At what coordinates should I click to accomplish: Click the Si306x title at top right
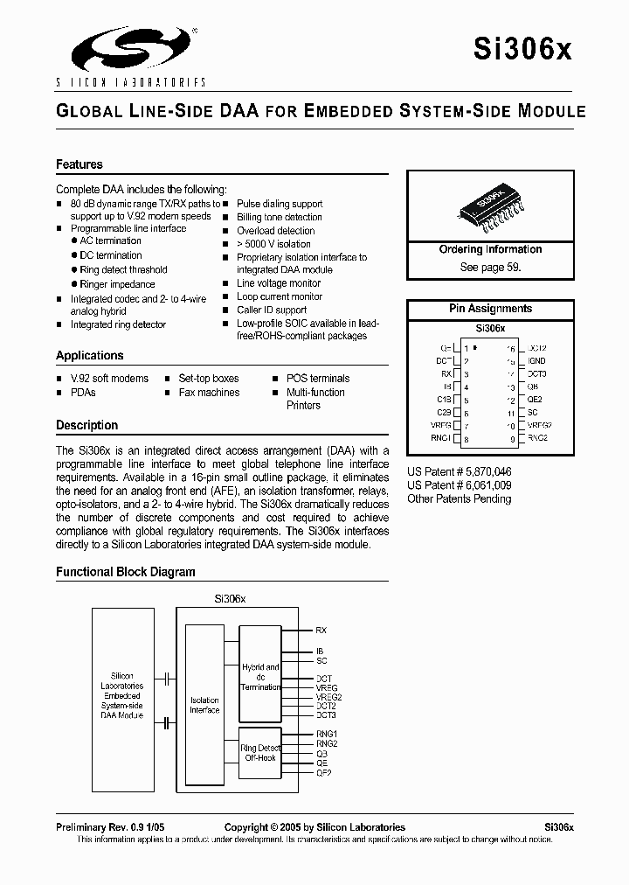click(x=534, y=51)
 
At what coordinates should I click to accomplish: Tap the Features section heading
click(x=79, y=164)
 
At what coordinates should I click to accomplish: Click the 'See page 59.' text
click(x=490, y=268)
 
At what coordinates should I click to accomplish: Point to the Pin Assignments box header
click(x=490, y=309)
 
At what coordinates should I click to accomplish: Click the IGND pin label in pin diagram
click(x=537, y=360)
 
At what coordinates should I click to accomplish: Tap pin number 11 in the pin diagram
click(x=511, y=412)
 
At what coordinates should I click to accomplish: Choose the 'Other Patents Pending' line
click(x=460, y=498)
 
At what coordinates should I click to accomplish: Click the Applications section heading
click(x=89, y=356)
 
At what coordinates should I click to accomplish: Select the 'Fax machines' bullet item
click(x=209, y=393)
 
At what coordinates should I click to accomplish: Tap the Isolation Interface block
click(x=204, y=705)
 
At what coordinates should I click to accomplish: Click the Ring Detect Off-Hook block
click(x=259, y=752)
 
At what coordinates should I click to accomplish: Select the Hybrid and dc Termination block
click(x=259, y=678)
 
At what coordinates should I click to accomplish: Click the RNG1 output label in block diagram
click(x=326, y=734)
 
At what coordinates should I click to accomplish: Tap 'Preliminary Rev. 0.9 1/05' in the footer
click(x=110, y=827)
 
